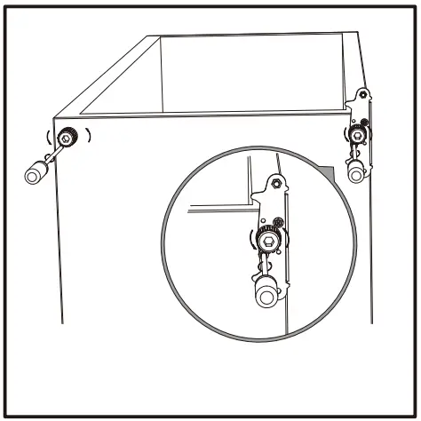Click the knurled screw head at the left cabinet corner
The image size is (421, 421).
coord(68,137)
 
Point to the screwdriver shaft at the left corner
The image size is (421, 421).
coord(54,154)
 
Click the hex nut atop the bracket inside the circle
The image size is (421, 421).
coord(276,183)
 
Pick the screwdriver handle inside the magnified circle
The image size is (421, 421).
coord(266,293)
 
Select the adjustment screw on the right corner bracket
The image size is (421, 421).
coord(357,136)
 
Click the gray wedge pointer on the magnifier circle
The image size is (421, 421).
coord(328,169)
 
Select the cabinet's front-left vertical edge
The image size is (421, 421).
coord(60,231)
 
